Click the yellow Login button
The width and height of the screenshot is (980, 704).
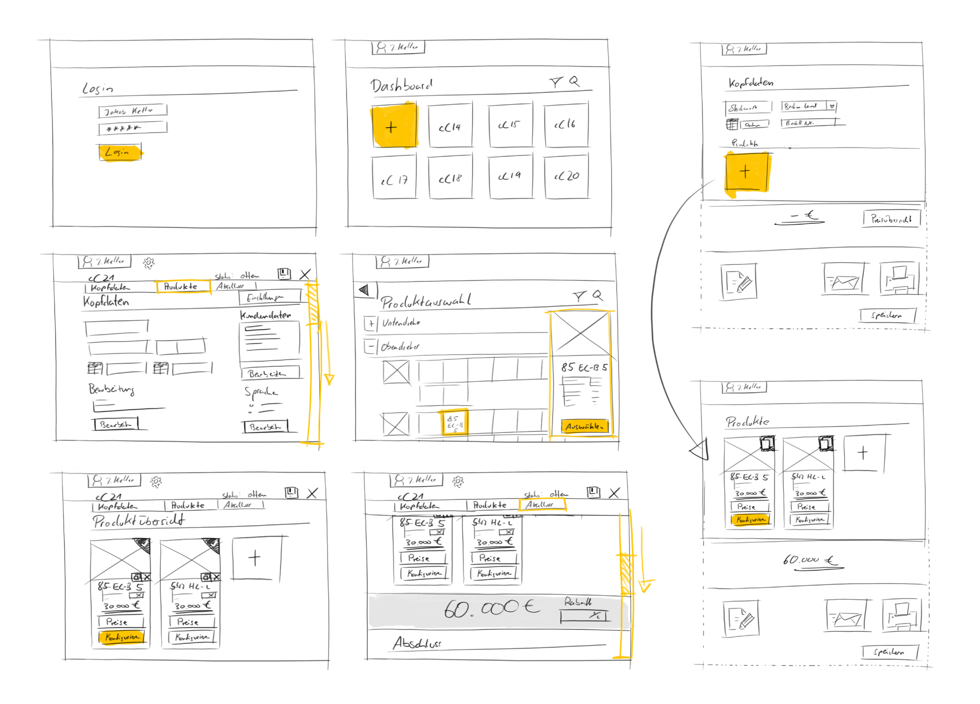(x=120, y=153)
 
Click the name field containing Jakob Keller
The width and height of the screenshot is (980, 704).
(x=133, y=110)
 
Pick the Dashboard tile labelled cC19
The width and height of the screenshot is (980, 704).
(x=510, y=176)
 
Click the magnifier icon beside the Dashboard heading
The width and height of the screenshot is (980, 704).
(x=575, y=81)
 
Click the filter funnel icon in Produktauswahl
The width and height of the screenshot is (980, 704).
(x=579, y=297)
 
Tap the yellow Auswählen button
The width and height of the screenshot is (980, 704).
(x=584, y=426)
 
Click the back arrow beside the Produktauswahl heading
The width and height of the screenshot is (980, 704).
(x=365, y=290)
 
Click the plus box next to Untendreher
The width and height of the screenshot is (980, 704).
(x=370, y=324)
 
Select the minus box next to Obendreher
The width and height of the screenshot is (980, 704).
(x=370, y=346)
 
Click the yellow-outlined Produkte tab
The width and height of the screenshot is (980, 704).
(x=183, y=286)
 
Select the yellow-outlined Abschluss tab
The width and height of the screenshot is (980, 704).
(x=542, y=505)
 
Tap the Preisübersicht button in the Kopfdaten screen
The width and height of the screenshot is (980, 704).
(x=891, y=219)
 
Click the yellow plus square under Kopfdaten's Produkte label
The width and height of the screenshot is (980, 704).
(x=746, y=172)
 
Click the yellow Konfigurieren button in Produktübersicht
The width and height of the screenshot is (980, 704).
(x=122, y=637)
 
